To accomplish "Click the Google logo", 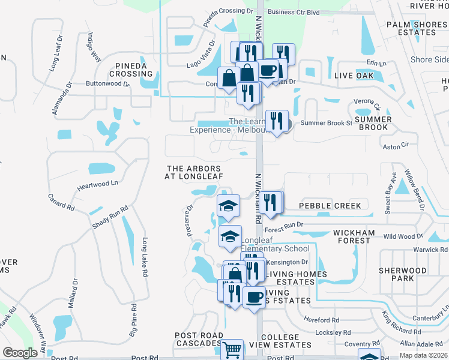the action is coord(20,353).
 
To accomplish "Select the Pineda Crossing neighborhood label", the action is coord(130,69).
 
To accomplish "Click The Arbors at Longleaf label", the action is coord(194,172).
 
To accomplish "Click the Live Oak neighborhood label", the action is coord(354,76).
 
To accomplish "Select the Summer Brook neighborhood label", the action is coord(373,124).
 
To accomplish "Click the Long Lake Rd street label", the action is coord(145,257).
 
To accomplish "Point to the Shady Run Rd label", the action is coord(110,217).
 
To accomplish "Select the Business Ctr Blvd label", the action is coord(294,11).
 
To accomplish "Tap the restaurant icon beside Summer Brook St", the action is coord(277,122).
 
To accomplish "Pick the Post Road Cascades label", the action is coord(199,340).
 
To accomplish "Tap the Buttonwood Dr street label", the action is coord(108,84).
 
